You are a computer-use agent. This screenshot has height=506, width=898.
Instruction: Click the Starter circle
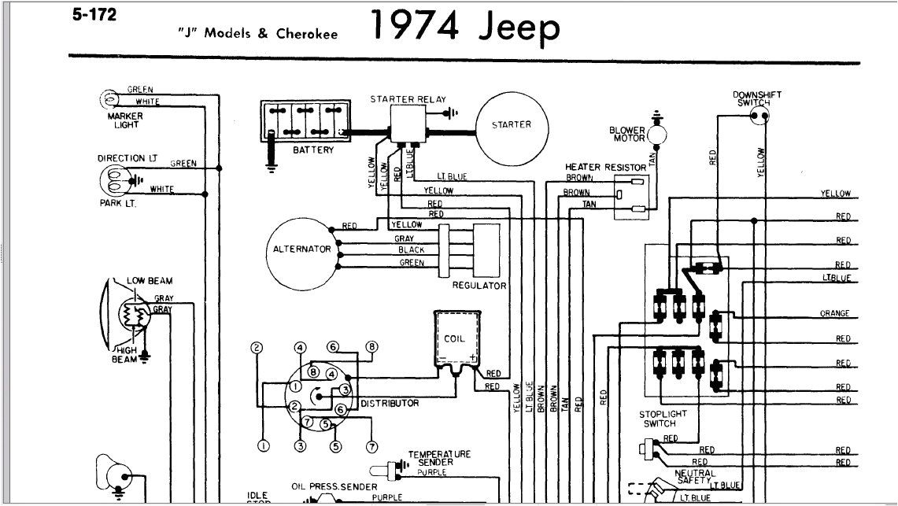pyautogui.click(x=511, y=124)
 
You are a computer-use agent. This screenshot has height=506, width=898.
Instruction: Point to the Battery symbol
pyautogui.click(x=305, y=122)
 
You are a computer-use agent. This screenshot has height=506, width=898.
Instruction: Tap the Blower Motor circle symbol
pyautogui.click(x=657, y=135)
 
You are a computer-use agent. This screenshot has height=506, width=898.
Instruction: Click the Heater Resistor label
pyautogui.click(x=605, y=168)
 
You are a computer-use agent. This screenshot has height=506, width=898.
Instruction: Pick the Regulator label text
pyautogui.click(x=479, y=286)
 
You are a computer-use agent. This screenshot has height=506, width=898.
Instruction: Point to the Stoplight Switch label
pyautogui.click(x=663, y=419)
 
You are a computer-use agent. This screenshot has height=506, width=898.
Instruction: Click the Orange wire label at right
pyautogui.click(x=834, y=313)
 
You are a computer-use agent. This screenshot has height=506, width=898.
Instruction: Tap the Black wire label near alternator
pyautogui.click(x=411, y=249)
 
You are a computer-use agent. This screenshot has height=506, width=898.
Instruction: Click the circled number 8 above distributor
pyautogui.click(x=372, y=346)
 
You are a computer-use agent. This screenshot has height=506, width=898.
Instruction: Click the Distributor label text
pyautogui.click(x=390, y=403)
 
